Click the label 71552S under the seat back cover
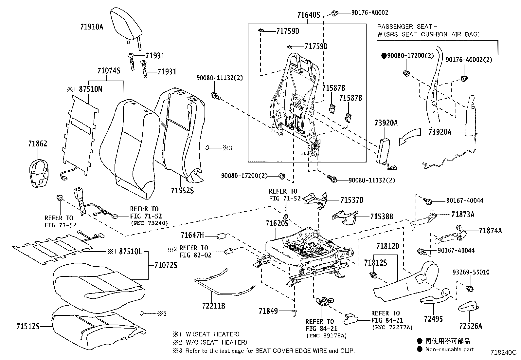click(182, 190)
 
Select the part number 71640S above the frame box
click(308, 15)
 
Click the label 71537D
click(351, 200)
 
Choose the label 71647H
click(192, 235)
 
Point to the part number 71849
click(268, 311)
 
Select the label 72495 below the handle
click(433, 319)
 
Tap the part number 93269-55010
click(471, 272)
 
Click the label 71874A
click(490, 231)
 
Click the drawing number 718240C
click(503, 352)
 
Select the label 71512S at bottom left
click(28, 326)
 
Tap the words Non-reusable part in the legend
click(449, 349)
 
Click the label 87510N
click(91, 89)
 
